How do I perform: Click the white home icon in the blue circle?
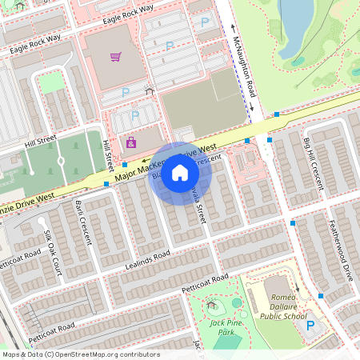(180, 173)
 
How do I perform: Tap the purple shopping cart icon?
(116, 57)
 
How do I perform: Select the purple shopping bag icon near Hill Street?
(131, 142)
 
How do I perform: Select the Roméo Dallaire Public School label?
(284, 300)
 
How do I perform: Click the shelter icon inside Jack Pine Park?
(211, 305)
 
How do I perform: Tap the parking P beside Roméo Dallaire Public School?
(310, 326)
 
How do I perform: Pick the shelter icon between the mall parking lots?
(149, 90)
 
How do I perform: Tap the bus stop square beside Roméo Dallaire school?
(321, 296)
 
